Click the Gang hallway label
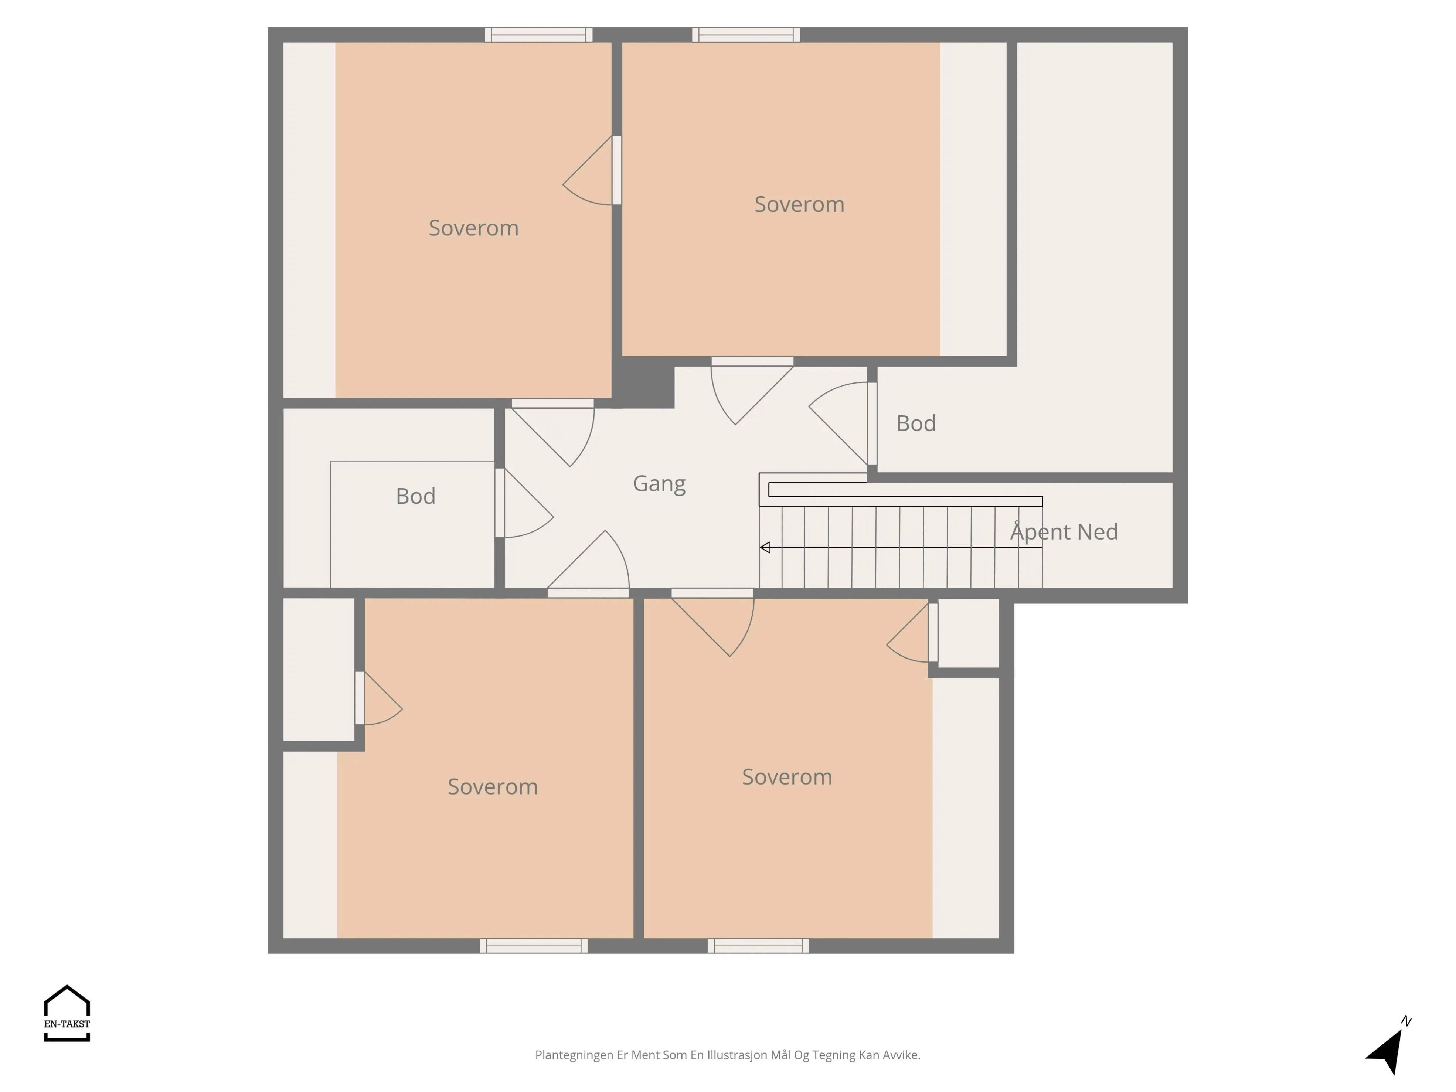[x=659, y=484]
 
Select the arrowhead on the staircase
[x=765, y=547]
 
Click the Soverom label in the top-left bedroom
[x=473, y=228]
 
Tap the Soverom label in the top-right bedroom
[x=799, y=204]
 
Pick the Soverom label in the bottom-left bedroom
[x=492, y=787]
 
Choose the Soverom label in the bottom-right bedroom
[x=787, y=777]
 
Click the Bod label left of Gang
[x=415, y=496]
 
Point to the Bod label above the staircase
[x=916, y=423]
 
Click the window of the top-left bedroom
[x=538, y=35]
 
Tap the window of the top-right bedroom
[x=746, y=35]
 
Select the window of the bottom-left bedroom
[x=534, y=946]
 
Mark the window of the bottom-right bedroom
[x=758, y=946]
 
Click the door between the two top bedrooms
[x=617, y=170]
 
